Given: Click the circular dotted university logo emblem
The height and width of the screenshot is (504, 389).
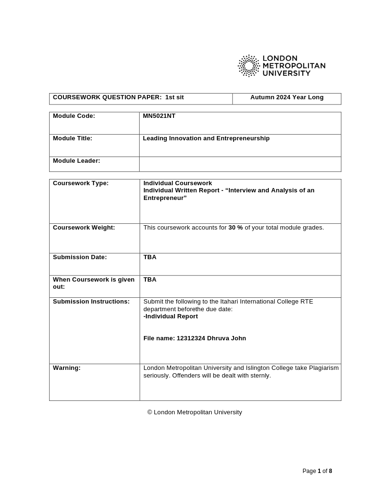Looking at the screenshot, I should click(x=249, y=66).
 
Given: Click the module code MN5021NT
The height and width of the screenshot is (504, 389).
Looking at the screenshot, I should click(x=159, y=116).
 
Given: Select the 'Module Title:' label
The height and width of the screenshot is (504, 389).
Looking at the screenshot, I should click(x=72, y=138).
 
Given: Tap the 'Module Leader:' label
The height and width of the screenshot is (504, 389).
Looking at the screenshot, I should click(x=76, y=161).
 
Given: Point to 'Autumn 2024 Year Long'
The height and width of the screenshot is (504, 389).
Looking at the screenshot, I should click(x=287, y=97).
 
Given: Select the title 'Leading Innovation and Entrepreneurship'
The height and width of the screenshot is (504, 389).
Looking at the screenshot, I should click(x=206, y=138).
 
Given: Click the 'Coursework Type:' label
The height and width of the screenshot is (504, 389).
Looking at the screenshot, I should click(x=81, y=183).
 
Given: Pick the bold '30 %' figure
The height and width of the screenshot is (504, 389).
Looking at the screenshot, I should click(x=235, y=228).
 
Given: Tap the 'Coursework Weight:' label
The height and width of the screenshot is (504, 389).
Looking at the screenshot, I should click(x=84, y=228).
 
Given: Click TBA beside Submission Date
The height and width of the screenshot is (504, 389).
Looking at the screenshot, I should click(x=150, y=257).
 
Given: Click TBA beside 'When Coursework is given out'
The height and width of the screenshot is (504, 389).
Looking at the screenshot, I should click(x=150, y=280).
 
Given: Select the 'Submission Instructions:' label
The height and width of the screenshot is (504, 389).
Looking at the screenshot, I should click(x=91, y=302).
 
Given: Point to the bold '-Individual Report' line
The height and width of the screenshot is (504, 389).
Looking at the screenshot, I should click(x=171, y=316).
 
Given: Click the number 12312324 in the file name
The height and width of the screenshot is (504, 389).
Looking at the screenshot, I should click(x=191, y=338).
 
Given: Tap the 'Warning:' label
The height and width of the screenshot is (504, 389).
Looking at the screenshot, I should click(x=67, y=368).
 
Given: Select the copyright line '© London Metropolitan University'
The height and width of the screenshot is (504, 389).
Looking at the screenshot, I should click(x=194, y=412).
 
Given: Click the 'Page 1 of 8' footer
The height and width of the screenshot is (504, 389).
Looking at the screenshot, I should click(x=317, y=471).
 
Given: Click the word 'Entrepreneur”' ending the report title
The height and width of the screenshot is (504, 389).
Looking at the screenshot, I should click(x=165, y=198).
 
